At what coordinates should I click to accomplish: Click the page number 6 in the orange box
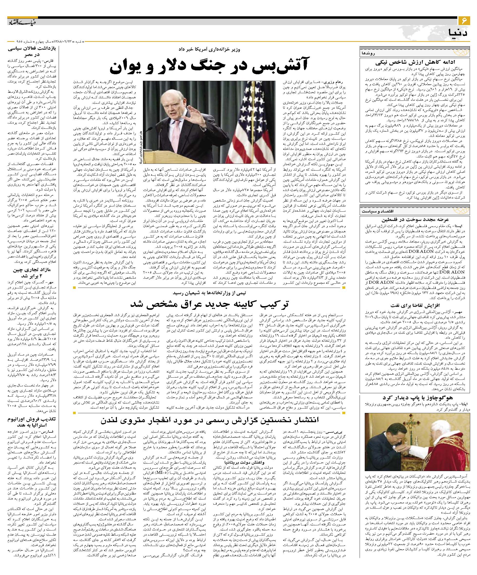(464, 20)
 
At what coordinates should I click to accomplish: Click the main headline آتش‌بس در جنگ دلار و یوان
(209, 67)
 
